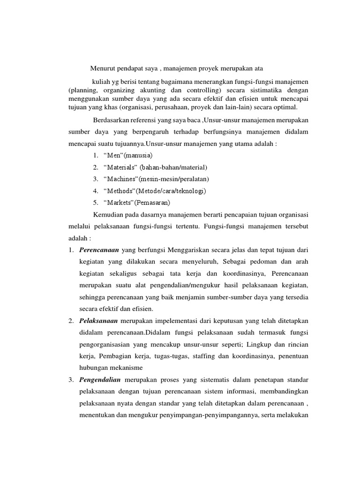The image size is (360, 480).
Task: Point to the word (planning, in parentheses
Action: tap(82, 90)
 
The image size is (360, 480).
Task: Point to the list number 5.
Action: tap(95, 203)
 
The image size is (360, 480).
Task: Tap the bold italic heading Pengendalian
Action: tap(100, 379)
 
